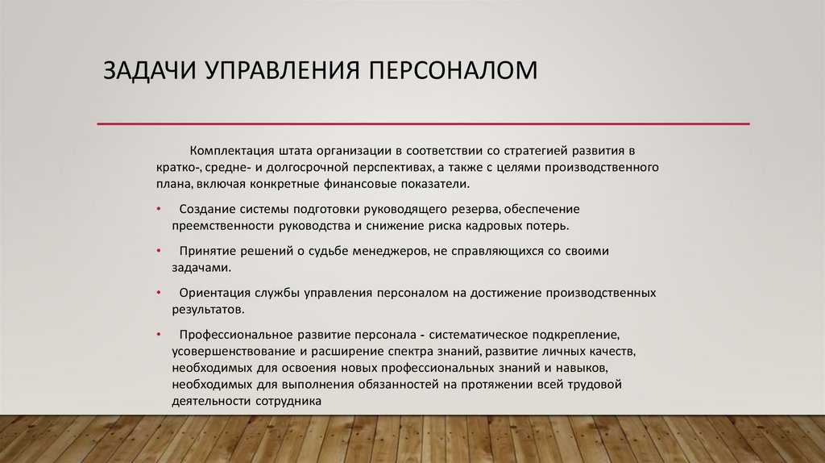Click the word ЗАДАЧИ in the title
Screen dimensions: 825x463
click(149, 71)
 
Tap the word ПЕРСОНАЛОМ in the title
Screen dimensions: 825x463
click(453, 70)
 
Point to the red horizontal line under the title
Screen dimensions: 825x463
click(423, 123)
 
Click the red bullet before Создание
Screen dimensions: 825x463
click(159, 209)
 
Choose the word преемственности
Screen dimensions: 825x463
click(223, 226)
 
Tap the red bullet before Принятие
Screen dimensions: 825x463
click(159, 251)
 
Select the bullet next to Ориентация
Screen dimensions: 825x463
click(159, 293)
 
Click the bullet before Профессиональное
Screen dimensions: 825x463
click(159, 335)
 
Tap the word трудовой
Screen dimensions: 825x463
click(594, 385)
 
